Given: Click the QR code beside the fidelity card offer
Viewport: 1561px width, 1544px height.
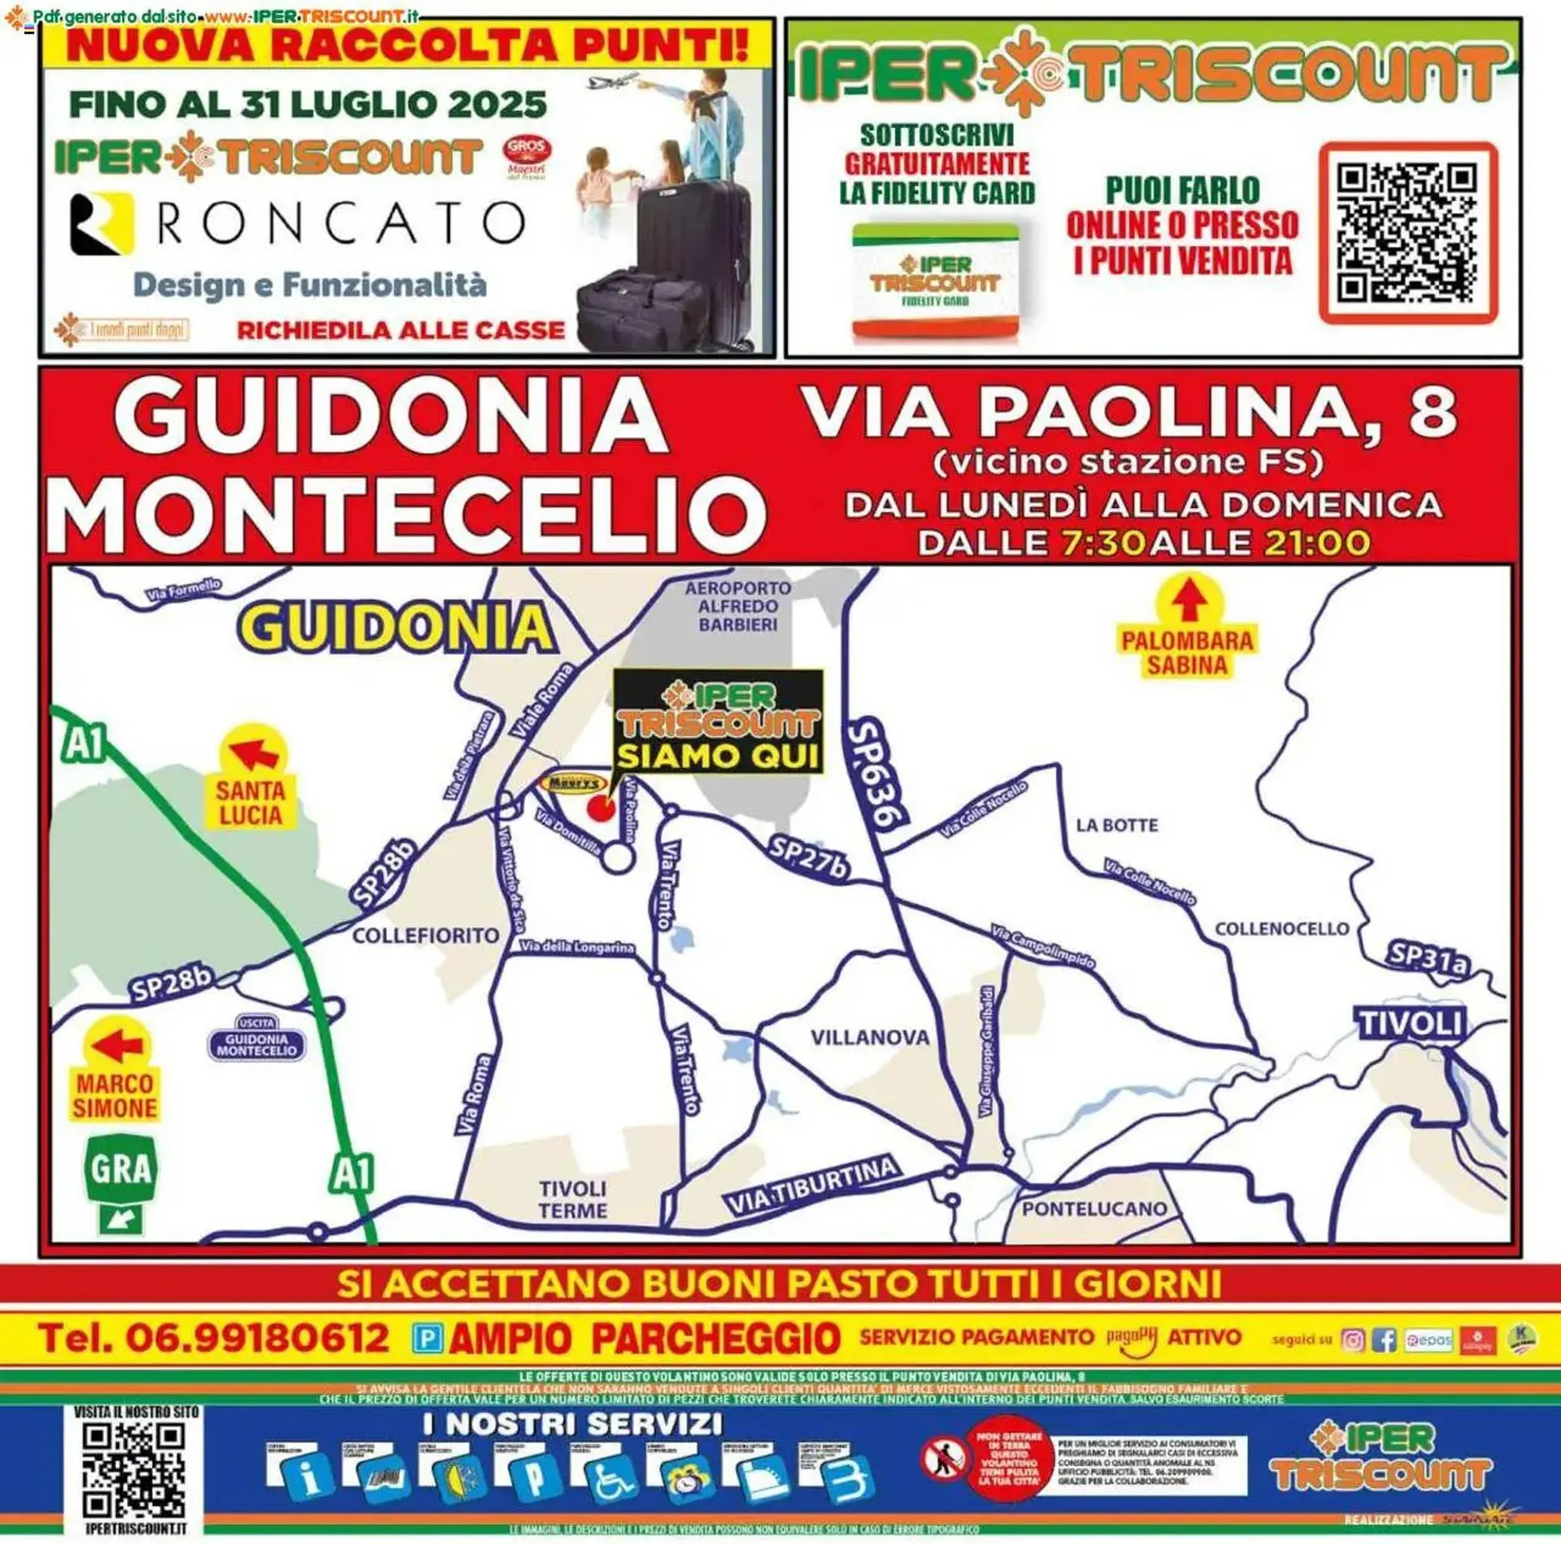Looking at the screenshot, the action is tap(1407, 233).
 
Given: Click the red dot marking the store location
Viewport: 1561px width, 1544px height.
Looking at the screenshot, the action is tap(601, 809).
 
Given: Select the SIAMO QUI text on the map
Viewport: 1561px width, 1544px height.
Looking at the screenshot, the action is tap(717, 757).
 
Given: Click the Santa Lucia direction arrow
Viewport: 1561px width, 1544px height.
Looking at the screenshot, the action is tap(254, 752).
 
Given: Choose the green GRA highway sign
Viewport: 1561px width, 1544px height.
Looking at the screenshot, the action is tap(120, 1169).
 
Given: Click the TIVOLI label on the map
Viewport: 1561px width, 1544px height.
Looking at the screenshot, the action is tap(1411, 1023).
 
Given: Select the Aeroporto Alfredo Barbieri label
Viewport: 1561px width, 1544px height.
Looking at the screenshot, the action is tap(737, 606).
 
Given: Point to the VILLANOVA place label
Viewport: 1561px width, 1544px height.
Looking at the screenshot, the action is tap(870, 1038).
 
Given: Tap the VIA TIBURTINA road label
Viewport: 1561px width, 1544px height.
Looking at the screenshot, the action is tap(812, 1187).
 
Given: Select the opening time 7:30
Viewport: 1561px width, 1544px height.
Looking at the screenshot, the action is tap(1103, 543).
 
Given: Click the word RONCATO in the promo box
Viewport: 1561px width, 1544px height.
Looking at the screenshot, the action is tap(341, 223).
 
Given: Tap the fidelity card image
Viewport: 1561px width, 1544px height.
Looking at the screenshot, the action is tap(935, 280).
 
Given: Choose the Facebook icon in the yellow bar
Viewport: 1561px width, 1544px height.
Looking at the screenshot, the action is tap(1383, 1340).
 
